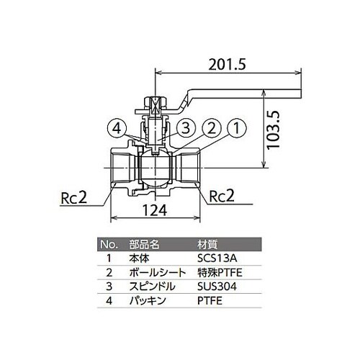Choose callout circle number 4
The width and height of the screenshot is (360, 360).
(x=116, y=128)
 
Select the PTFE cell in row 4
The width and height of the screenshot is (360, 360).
(x=208, y=300)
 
